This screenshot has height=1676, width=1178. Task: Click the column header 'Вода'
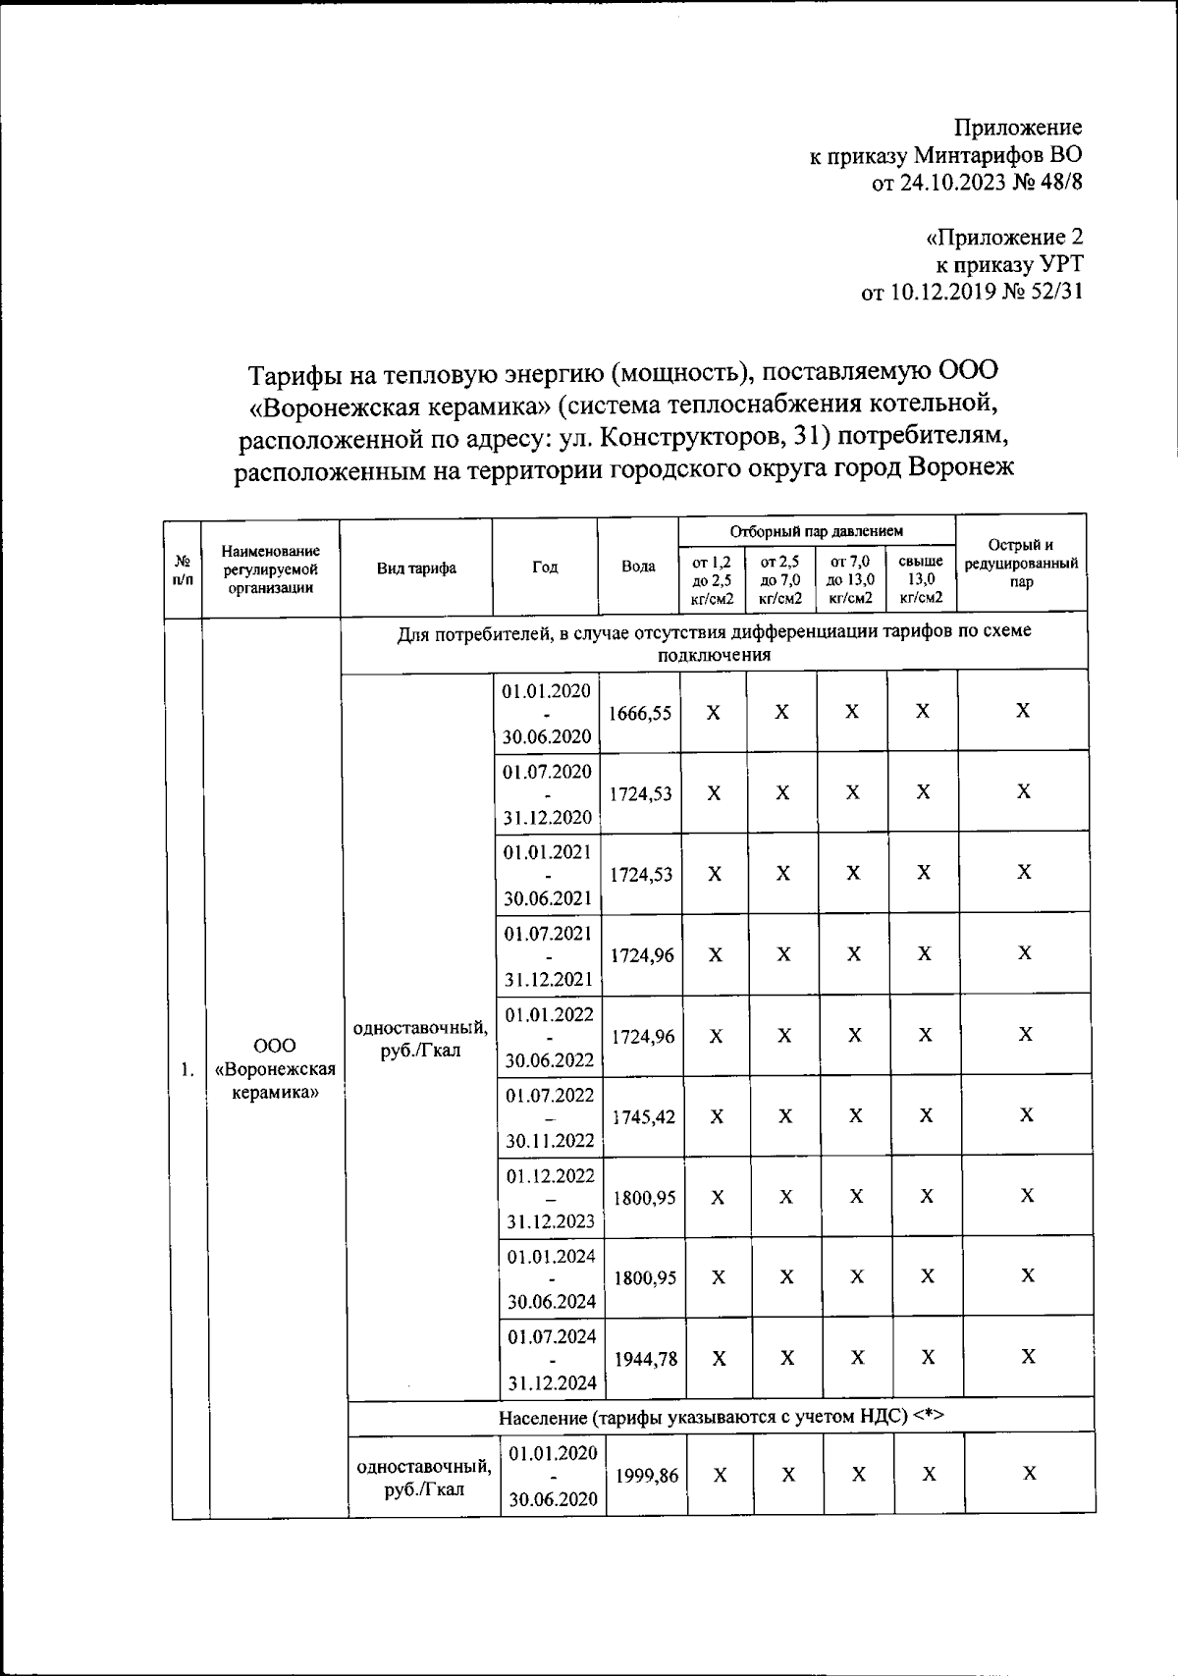(x=638, y=568)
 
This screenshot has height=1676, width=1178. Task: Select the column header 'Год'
(x=545, y=568)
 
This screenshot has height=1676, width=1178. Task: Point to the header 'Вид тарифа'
(x=416, y=568)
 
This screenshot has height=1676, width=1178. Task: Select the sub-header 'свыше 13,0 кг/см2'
(x=921, y=578)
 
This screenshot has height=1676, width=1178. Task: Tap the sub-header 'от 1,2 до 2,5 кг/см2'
(x=712, y=578)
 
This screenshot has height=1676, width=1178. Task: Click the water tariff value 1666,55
(x=640, y=714)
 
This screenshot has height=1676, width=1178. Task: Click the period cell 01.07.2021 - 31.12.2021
(x=549, y=955)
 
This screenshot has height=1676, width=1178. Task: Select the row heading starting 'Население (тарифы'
(x=721, y=1417)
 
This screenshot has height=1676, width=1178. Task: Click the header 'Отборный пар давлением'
(x=816, y=531)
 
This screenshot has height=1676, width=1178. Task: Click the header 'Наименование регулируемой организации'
(x=270, y=569)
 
